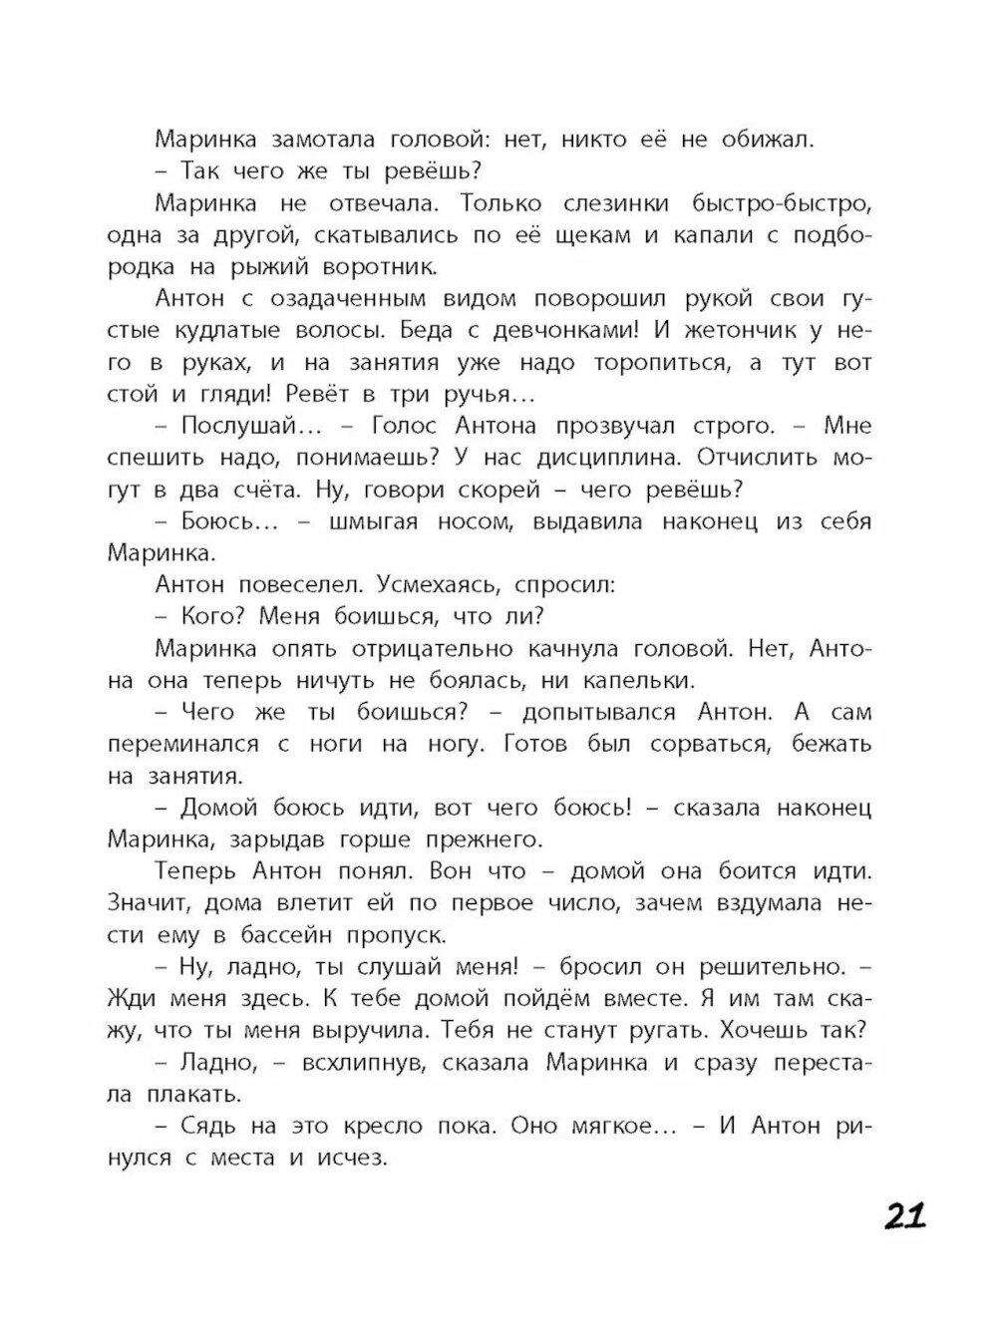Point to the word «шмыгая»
[x=379, y=521]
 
